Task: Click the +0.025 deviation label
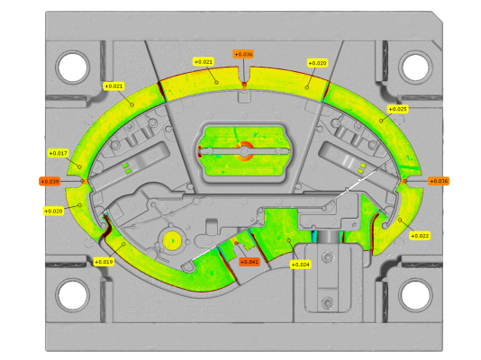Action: click(x=397, y=109)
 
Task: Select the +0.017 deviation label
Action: click(x=59, y=153)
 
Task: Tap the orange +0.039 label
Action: click(x=50, y=182)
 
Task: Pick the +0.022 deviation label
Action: click(x=420, y=236)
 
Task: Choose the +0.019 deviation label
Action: click(x=104, y=262)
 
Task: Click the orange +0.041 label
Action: click(x=250, y=262)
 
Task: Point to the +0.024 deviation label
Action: click(x=301, y=265)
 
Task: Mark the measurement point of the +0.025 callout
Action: click(x=381, y=121)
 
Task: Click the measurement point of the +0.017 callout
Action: click(x=79, y=166)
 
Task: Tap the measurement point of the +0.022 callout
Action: click(x=400, y=220)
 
